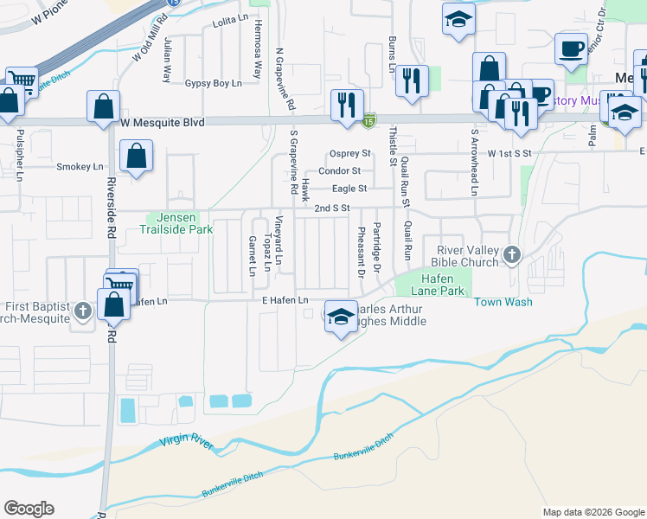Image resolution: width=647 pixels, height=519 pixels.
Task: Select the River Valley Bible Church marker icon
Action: coord(512,255)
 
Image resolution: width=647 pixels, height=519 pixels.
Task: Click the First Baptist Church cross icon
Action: coord(83,311)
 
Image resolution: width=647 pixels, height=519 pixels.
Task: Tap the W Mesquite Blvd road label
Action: coord(163,124)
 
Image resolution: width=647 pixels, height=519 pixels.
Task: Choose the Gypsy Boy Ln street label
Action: coord(213,84)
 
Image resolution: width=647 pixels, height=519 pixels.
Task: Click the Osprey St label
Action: coord(349,154)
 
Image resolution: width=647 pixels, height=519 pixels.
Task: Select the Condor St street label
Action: coord(339,171)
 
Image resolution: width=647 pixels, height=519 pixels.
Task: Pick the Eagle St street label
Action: coord(349,189)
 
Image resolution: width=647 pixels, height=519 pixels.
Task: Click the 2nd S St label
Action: coord(331,208)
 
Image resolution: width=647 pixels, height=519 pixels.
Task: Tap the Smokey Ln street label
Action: coord(80,167)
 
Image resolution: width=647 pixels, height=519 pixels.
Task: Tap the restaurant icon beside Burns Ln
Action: coord(412,80)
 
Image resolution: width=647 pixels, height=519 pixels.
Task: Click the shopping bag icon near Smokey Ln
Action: coord(137,157)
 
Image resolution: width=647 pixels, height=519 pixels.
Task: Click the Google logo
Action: coord(29,509)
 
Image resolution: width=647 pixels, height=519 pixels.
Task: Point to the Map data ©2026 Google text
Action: coord(593,512)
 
